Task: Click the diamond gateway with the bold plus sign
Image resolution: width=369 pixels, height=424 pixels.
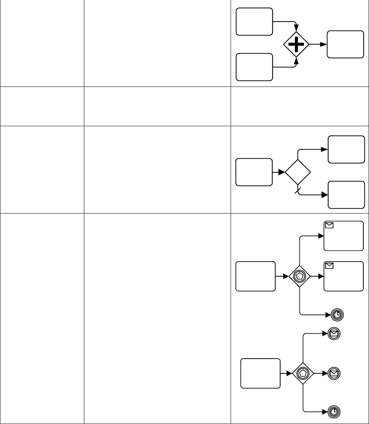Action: (296, 44)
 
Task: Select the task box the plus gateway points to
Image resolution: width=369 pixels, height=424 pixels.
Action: (345, 44)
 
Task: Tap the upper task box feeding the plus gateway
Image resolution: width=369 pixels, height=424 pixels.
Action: (254, 22)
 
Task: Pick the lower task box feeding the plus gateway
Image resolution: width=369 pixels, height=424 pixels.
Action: (254, 67)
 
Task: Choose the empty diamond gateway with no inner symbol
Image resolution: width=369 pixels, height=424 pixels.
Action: (298, 172)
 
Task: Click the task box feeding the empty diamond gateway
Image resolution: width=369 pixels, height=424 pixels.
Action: (254, 172)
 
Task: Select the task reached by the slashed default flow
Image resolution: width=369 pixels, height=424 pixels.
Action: (346, 195)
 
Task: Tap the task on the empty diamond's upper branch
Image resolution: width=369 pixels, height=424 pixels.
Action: (346, 149)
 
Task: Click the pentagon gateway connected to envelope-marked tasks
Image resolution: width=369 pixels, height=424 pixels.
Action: (299, 276)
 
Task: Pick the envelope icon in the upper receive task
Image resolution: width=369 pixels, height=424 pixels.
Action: (329, 226)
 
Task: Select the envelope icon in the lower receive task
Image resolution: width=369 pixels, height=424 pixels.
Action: (329, 266)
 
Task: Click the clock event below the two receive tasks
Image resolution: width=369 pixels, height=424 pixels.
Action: (336, 314)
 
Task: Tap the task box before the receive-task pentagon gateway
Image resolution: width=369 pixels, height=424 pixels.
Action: (255, 276)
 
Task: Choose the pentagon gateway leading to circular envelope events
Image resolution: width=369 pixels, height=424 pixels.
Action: (303, 373)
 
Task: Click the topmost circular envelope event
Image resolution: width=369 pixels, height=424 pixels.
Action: (334, 333)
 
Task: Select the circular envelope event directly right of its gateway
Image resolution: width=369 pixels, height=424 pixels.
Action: (334, 373)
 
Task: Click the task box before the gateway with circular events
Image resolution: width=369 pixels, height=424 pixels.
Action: (261, 373)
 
